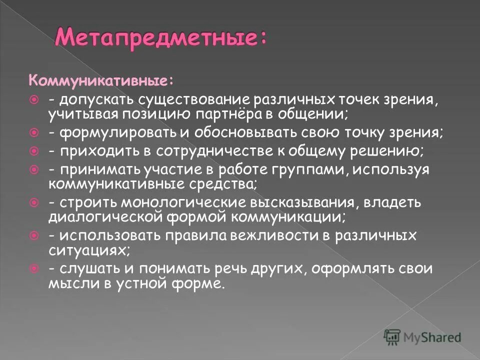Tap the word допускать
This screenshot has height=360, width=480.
pyautogui.click(x=90, y=99)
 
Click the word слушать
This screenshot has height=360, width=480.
pyautogui.click(x=83, y=269)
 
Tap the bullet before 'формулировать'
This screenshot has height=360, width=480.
pyautogui.click(x=34, y=133)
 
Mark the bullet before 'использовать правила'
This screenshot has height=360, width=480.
pyautogui.click(x=34, y=235)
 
